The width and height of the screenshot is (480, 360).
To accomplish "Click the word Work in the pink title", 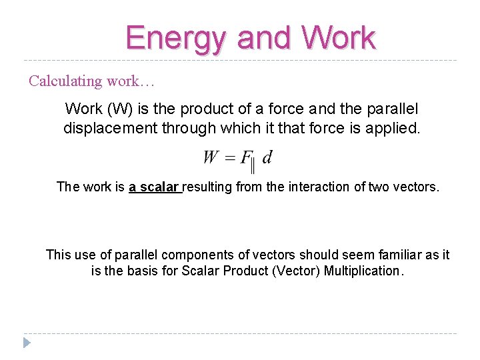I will click(x=339, y=38).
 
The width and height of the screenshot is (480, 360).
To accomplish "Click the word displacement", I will click(x=111, y=128).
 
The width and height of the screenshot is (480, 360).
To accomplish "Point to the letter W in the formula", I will click(x=211, y=158).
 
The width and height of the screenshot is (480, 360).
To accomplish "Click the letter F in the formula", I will click(x=245, y=158).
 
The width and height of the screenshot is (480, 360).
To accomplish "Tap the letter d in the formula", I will click(x=267, y=158).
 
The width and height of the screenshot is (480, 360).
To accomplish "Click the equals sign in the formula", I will click(x=230, y=159).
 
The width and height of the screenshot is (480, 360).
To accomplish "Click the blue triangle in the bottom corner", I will click(x=27, y=343).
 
